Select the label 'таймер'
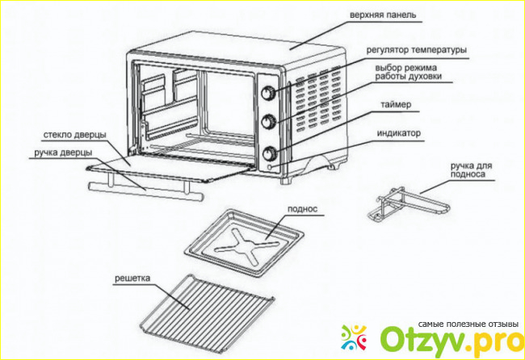click(x=394, y=105)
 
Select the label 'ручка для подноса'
click(x=471, y=168)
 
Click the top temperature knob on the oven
click(x=269, y=92)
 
